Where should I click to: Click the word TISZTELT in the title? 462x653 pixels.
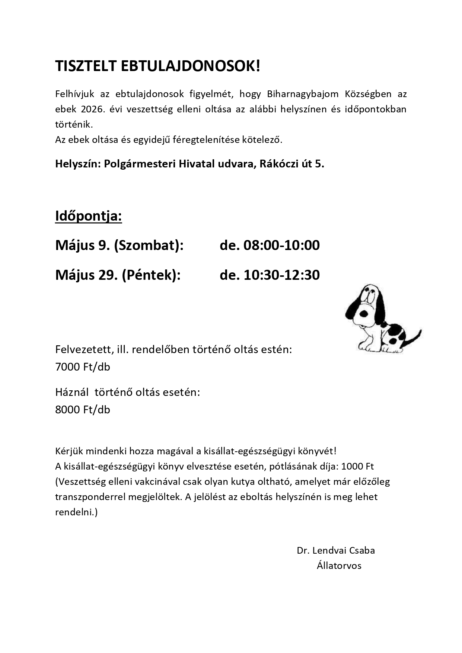tap(86, 66)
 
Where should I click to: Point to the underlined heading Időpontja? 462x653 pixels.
tap(89, 216)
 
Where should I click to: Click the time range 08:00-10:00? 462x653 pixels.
tap(281, 246)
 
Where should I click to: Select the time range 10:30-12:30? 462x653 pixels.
tap(281, 275)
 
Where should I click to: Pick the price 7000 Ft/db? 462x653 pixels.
tap(83, 367)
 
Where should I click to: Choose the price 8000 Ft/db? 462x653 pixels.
tap(83, 410)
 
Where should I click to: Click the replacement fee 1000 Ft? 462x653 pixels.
tap(357, 466)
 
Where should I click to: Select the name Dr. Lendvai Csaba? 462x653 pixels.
tap(336, 550)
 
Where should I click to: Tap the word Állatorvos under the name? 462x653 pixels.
tap(339, 566)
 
